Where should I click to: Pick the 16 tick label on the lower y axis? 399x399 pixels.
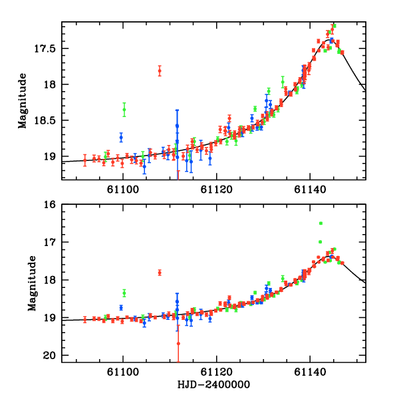point(52,204)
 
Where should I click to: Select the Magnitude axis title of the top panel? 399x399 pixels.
point(23,101)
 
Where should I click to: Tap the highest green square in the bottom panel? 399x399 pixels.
point(321,223)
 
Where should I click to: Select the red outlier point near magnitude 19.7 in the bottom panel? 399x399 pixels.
point(178,343)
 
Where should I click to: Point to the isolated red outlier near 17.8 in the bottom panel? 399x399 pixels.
point(160,273)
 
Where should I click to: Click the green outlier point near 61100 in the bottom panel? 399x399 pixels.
point(124,293)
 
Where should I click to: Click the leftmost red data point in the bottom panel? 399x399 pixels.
point(85,319)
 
